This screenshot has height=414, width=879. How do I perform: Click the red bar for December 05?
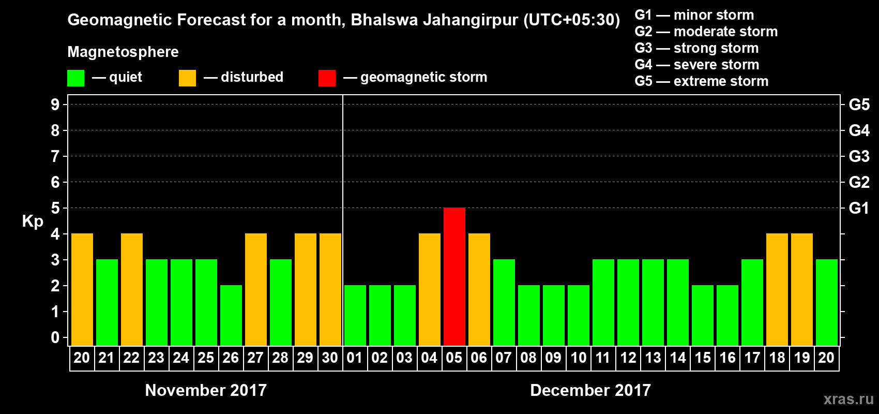[x=454, y=276]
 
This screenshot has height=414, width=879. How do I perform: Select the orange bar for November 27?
[x=256, y=289]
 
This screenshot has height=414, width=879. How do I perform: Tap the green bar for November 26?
[x=231, y=315]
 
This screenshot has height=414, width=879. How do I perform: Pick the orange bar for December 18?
[x=777, y=289]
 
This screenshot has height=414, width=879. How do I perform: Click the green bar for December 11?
[x=603, y=302]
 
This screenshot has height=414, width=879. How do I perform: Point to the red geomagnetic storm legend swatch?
[x=327, y=78]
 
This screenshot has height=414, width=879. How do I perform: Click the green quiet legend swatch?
[x=75, y=78]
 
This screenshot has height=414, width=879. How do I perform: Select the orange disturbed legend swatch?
[x=187, y=78]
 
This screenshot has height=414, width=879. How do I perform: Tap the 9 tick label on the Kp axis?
[x=55, y=105]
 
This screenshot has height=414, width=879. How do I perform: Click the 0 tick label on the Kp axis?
[x=55, y=337]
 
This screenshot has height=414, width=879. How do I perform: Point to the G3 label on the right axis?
[x=859, y=156]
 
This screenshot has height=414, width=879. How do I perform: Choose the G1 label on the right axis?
[x=859, y=208]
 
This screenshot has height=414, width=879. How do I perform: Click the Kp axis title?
[x=33, y=221]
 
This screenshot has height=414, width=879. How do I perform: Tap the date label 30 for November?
[x=330, y=358]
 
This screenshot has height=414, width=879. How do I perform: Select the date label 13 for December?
[x=653, y=358]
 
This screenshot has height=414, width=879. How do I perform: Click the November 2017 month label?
[x=206, y=390]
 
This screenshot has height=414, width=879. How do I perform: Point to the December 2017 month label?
[x=590, y=390]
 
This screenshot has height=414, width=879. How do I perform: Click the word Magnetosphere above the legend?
[x=123, y=52]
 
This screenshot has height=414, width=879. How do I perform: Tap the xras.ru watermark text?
[x=848, y=399]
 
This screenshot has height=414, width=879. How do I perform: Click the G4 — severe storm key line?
[x=697, y=65]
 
